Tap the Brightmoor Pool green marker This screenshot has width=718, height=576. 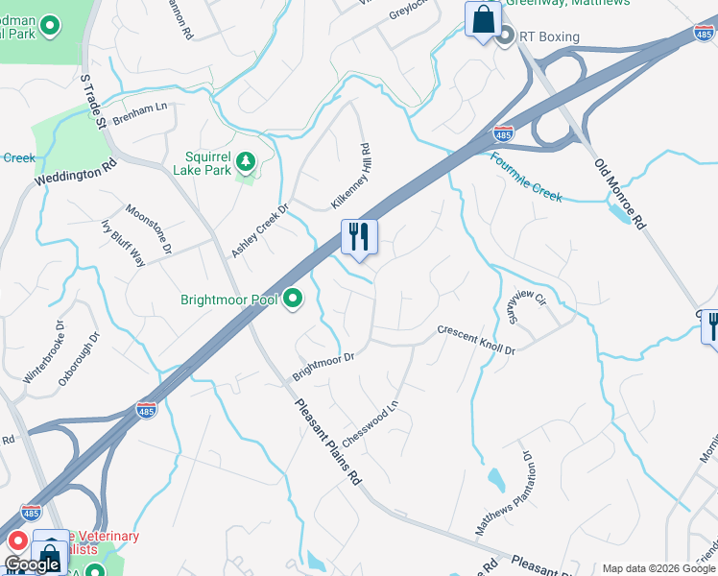tap(293, 300)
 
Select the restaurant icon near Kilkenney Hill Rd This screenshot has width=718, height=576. tap(360, 236)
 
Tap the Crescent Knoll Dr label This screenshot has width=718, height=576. tap(476, 340)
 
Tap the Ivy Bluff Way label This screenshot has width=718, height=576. tap(123, 244)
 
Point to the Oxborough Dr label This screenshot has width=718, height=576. tap(79, 359)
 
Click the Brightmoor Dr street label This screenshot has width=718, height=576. tap(323, 364)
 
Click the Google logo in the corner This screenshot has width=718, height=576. tap(33, 564)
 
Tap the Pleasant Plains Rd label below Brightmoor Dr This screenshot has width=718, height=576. tap(326, 443)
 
